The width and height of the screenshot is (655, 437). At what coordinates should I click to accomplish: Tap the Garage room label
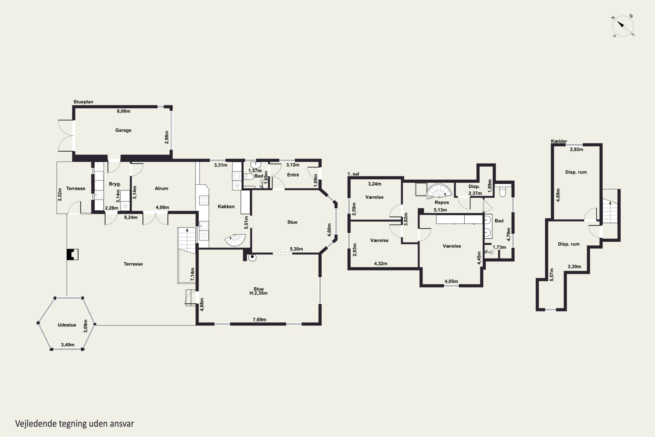tap(123, 130)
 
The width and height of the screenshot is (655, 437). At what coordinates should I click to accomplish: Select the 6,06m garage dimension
tap(123, 111)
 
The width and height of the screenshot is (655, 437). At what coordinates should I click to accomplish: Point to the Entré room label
tap(293, 175)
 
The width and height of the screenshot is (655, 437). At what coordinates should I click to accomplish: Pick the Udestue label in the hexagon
tap(67, 325)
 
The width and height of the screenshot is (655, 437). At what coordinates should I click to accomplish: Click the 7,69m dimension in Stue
tap(259, 320)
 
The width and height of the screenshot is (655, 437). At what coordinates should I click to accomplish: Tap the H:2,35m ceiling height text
tap(259, 293)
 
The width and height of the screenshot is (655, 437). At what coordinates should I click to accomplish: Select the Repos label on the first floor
tap(442, 203)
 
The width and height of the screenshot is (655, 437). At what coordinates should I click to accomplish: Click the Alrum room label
tap(161, 188)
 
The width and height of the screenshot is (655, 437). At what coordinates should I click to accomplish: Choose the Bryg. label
tap(115, 184)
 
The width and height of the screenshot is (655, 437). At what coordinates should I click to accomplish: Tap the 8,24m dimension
tap(131, 217)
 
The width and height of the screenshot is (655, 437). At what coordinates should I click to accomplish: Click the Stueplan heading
tap(83, 102)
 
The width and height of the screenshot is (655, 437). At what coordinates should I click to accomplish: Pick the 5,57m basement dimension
tap(552, 274)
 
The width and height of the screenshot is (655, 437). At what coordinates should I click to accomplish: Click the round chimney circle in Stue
tap(252, 257)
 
